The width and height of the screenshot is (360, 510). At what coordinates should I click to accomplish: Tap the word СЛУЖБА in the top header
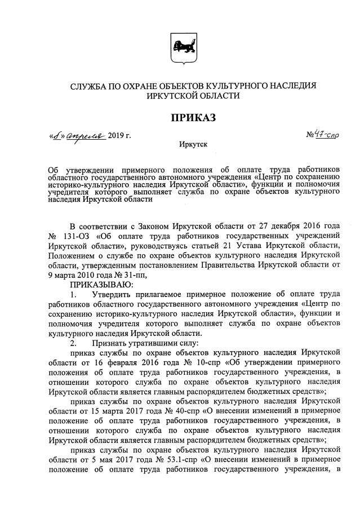point(90,86)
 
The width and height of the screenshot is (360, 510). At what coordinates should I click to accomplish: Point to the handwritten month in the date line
point(87,136)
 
